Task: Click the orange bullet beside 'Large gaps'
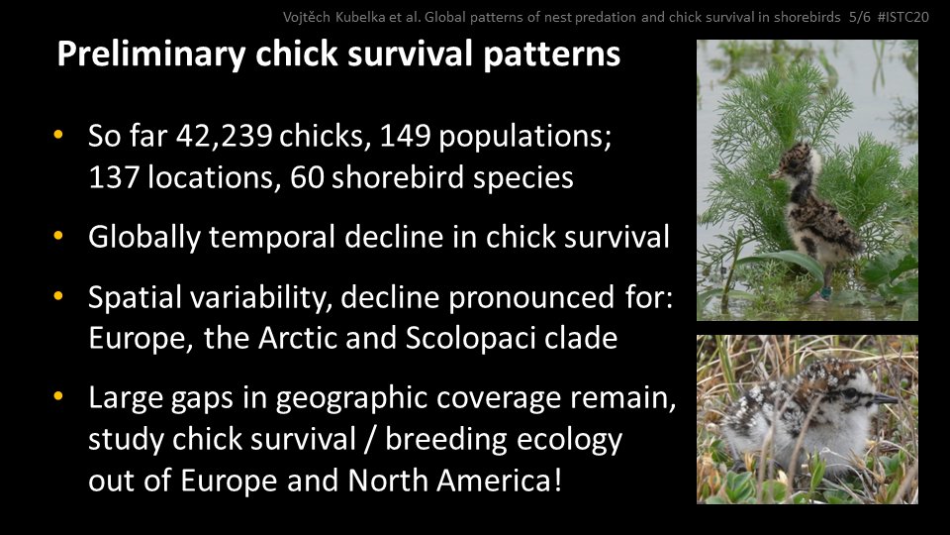pyautogui.click(x=59, y=397)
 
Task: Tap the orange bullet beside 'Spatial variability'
pyautogui.click(x=59, y=296)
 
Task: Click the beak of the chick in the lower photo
pyautogui.click(x=884, y=398)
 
